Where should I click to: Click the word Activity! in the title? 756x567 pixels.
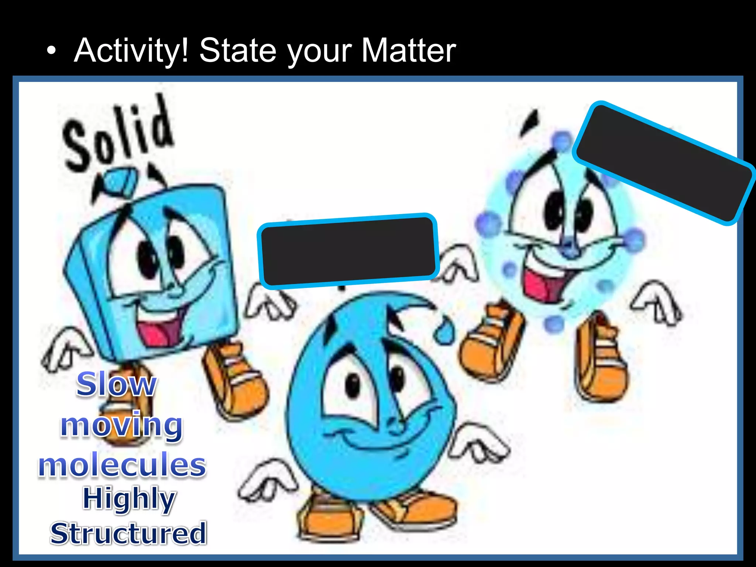[131, 51]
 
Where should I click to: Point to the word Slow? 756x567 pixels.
[116, 385]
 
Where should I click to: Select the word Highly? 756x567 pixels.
[129, 499]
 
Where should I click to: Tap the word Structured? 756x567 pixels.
[128, 533]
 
